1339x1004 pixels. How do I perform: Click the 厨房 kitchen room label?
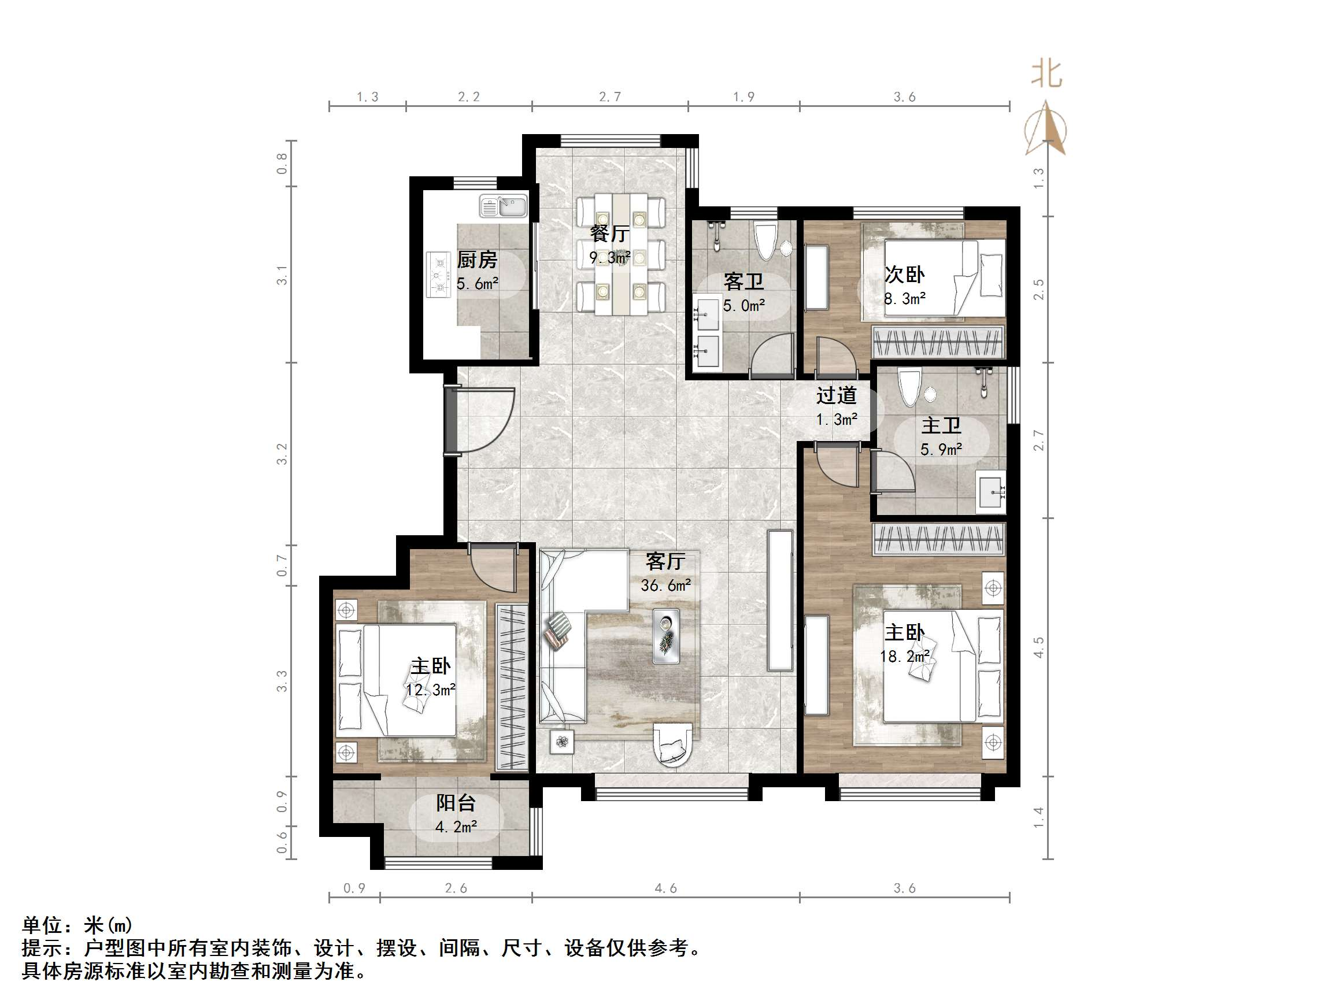[x=476, y=260]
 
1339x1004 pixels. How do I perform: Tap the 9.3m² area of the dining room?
[x=610, y=258]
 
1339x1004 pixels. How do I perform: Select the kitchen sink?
[x=504, y=206]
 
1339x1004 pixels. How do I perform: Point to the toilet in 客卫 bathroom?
[x=765, y=242]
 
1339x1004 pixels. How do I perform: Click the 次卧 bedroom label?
[x=904, y=275]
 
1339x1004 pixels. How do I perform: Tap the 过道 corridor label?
[x=837, y=396]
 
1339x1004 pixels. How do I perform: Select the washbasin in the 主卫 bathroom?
[x=990, y=494]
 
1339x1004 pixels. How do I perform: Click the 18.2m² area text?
[x=904, y=657]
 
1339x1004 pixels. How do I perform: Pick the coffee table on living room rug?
[x=666, y=636]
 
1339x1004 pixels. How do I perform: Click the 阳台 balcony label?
[x=456, y=803]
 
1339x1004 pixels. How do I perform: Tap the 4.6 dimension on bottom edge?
[x=665, y=888]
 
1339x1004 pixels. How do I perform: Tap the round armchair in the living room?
[x=672, y=746]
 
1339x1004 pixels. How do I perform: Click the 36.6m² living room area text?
[x=666, y=585]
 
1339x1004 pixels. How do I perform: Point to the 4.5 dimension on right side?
[x=1039, y=647]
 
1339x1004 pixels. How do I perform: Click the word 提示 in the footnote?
[x=42, y=947]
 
